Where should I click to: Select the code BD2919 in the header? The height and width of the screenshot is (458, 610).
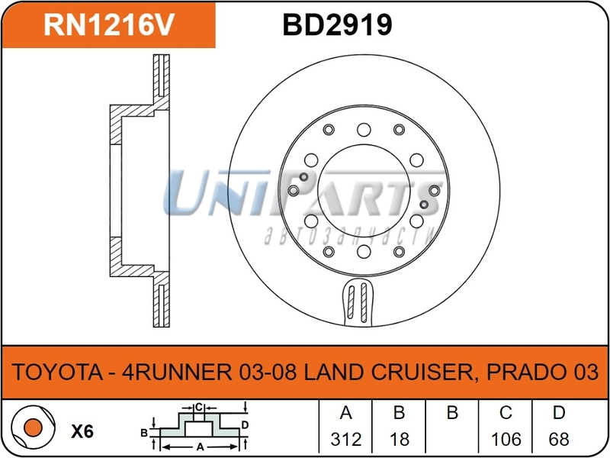[337, 24]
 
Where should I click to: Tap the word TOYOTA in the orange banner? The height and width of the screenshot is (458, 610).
[56, 373]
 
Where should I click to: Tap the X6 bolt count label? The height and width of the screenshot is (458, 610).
[82, 431]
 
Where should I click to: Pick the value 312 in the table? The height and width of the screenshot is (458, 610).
[345, 439]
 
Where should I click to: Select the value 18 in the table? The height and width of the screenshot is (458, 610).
[399, 439]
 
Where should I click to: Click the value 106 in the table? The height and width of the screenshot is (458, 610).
[506, 439]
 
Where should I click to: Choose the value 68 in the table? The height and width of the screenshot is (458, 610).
[559, 439]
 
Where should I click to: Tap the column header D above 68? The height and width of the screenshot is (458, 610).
[559, 414]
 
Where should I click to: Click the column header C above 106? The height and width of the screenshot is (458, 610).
[506, 414]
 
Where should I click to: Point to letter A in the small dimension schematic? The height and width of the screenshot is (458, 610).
[199, 447]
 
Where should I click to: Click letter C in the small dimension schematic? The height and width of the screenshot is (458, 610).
[197, 407]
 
